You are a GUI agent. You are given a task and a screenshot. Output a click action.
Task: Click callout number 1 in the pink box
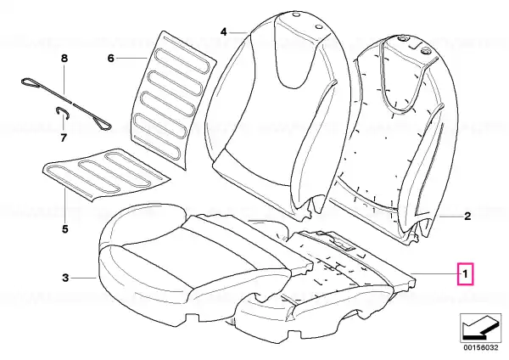point(465,274)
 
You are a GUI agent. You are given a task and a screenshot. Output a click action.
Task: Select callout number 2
point(467,216)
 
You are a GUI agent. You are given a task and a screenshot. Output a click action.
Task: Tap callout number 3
point(65,278)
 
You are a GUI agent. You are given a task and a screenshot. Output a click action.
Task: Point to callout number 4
point(224,32)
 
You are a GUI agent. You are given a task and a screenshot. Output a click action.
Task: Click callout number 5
point(65,228)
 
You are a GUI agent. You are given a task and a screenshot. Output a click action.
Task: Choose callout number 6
point(111,59)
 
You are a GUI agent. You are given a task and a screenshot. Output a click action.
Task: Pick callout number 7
point(64,138)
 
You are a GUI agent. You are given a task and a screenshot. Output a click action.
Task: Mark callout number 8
point(64,59)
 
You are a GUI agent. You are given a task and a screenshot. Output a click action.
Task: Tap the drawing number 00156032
point(480,347)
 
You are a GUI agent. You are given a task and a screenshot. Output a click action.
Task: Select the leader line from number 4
point(238,32)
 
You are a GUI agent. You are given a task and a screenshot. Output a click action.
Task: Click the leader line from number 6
point(131,59)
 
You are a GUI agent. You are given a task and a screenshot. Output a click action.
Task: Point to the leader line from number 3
point(84,278)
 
